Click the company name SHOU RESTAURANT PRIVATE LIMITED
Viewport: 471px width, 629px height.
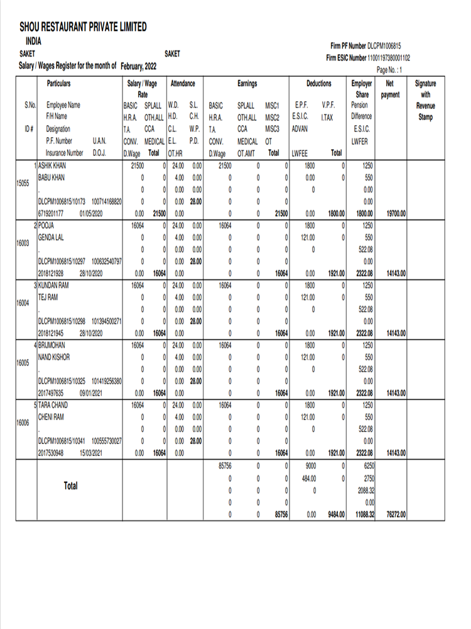click(x=83, y=27)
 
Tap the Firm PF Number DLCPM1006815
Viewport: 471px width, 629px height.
click(x=384, y=46)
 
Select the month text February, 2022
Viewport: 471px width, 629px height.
click(x=139, y=66)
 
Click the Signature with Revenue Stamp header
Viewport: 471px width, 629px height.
click(x=425, y=99)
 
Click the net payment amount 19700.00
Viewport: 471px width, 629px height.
click(x=396, y=213)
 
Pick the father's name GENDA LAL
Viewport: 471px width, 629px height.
click(x=53, y=237)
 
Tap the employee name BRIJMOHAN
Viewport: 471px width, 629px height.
click(x=52, y=345)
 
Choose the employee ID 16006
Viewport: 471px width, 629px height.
click(x=22, y=423)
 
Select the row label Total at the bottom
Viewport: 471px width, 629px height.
click(x=70, y=486)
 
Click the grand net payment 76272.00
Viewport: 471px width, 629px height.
click(x=396, y=514)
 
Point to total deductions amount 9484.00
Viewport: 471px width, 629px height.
click(x=335, y=514)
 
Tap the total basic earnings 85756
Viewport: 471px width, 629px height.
click(x=224, y=466)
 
